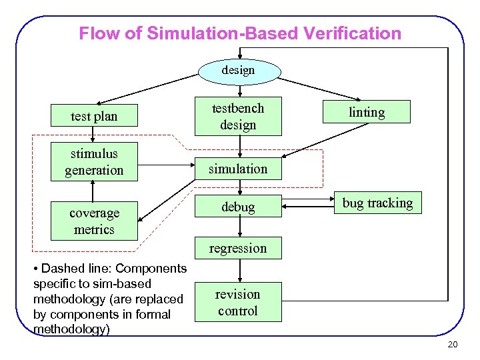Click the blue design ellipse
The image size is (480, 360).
click(238, 71)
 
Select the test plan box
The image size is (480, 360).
click(94, 116)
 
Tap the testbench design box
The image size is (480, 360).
click(238, 116)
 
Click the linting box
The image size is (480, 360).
click(367, 112)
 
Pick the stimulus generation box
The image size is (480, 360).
click(94, 162)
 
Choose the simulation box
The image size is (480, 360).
click(238, 169)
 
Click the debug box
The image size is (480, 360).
click(238, 207)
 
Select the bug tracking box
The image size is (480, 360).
click(377, 203)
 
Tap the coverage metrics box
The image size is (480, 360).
click(94, 221)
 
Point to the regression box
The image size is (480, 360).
click(238, 248)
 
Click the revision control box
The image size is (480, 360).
click(238, 302)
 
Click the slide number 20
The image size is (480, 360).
click(453, 344)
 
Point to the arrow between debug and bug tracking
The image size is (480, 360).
click(308, 207)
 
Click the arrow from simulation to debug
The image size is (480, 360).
click(238, 189)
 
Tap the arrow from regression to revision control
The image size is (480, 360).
click(238, 270)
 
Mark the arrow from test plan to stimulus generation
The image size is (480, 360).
click(94, 135)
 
